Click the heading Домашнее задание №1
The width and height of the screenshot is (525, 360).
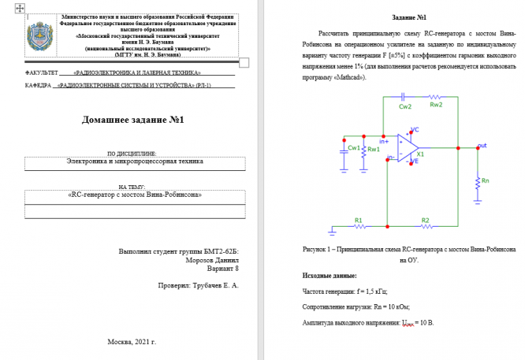pos(132,120)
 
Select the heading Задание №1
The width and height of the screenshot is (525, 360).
pos(409,17)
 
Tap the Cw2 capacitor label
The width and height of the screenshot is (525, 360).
pos(404,106)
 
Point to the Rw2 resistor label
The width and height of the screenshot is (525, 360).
pos(436,105)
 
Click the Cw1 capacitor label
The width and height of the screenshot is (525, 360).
pos(354,147)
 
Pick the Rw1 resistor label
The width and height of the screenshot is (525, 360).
pos(374,148)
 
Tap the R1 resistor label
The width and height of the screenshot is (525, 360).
pos(359,220)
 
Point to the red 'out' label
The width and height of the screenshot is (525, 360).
pos(482,145)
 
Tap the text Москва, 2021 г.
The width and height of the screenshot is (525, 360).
pos(132,342)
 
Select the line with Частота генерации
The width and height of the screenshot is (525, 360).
pos(345,291)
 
